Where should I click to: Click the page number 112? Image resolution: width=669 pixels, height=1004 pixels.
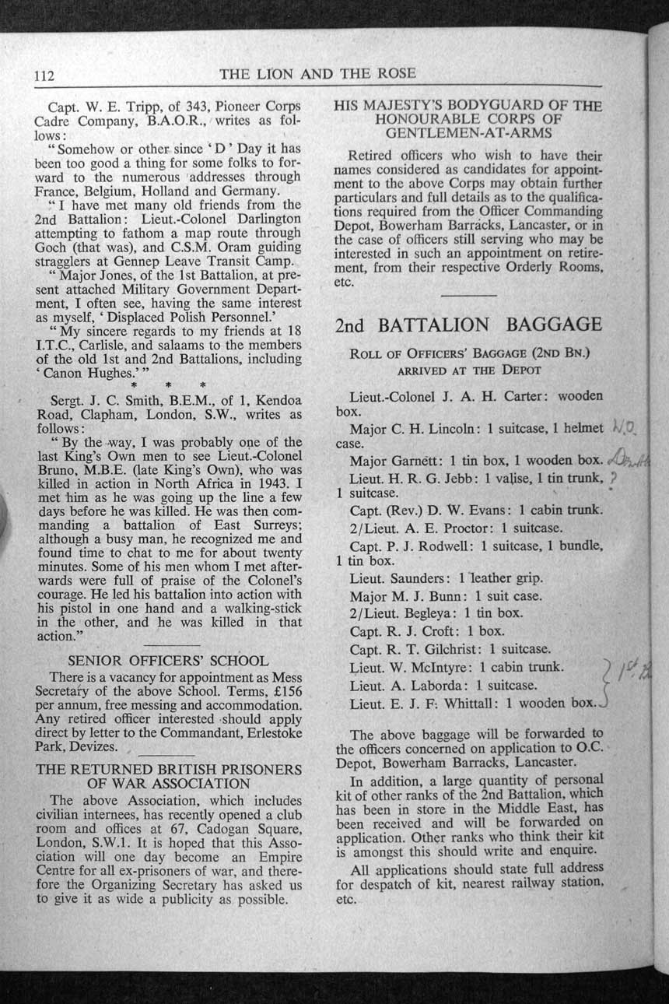(x=43, y=75)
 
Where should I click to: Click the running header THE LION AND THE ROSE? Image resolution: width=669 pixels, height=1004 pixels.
(x=317, y=74)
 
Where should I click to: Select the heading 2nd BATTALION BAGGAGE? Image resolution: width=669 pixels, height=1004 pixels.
(x=468, y=325)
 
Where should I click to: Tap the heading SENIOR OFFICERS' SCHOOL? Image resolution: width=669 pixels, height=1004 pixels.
(x=169, y=661)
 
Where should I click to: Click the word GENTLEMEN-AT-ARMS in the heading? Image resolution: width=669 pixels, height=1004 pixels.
(x=468, y=134)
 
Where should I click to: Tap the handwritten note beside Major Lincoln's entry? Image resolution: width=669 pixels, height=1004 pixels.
(x=625, y=427)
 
